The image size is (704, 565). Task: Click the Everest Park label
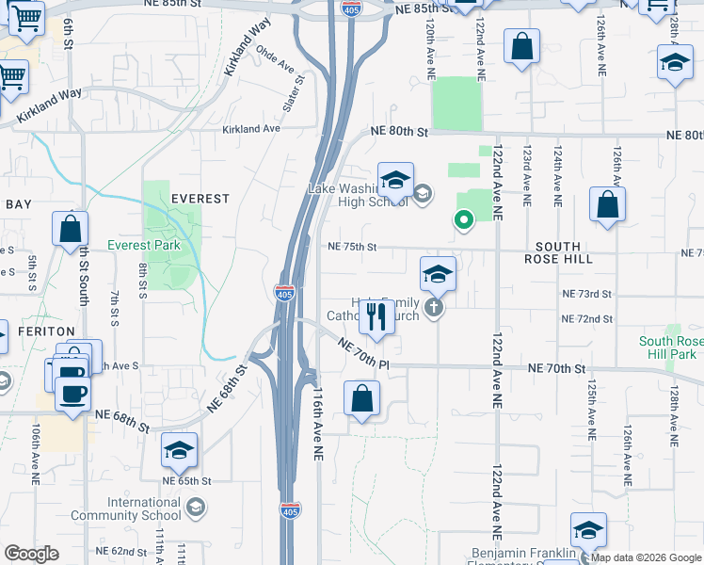tap(143, 246)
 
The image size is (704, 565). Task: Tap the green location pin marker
tap(463, 220)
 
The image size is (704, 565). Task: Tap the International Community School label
tap(144, 508)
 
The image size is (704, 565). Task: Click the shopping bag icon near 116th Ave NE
tap(361, 399)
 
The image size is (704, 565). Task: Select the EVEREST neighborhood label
tap(200, 199)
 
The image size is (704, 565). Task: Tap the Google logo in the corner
tap(32, 553)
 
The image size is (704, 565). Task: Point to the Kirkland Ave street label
tap(251, 129)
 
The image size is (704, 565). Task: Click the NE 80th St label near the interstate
tap(399, 132)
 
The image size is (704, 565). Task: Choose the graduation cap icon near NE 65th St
tap(179, 451)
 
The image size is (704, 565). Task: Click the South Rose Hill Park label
tap(667, 347)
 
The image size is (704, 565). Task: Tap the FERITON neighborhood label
tap(39, 331)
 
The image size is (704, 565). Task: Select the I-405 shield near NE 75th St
tap(284, 292)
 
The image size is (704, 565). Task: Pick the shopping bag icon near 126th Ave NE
tap(608, 206)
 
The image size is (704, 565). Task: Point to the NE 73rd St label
tap(586, 295)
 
